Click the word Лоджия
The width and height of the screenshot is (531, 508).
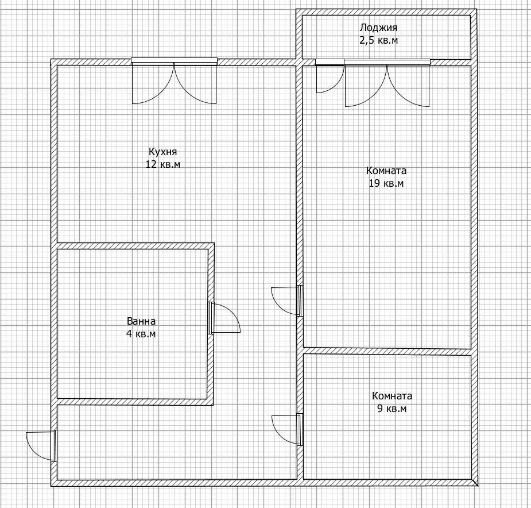(378, 28)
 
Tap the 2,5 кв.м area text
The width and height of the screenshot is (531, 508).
(378, 40)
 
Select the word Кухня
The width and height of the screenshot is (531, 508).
(162, 152)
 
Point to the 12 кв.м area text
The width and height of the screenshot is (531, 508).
(163, 164)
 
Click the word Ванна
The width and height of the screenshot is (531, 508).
(141, 321)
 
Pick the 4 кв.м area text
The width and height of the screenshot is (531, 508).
(141, 334)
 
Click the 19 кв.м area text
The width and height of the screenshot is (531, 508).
(386, 183)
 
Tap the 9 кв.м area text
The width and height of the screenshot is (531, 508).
(392, 409)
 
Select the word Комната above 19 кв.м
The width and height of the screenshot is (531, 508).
(386, 171)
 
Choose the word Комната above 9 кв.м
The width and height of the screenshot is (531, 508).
(392, 396)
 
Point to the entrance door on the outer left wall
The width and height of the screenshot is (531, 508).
(41, 445)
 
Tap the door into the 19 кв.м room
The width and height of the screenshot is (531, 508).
(287, 301)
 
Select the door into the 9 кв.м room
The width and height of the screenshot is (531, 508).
(288, 429)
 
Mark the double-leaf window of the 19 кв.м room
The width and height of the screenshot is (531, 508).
(387, 83)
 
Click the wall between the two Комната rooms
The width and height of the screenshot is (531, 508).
(387, 351)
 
